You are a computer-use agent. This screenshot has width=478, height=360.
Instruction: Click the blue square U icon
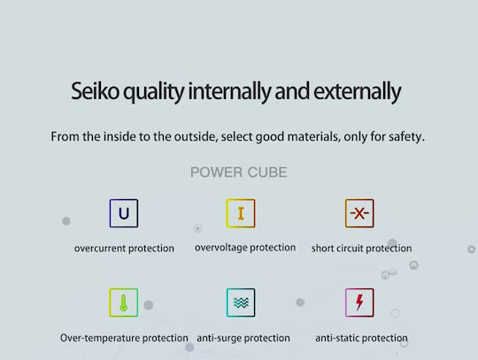[124, 213]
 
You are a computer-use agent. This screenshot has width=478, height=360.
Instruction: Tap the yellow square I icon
[241, 213]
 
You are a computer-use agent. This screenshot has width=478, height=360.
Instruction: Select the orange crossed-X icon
[359, 213]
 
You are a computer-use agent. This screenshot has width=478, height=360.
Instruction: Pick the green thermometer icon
[124, 303]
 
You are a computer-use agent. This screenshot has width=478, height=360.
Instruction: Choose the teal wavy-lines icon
[241, 303]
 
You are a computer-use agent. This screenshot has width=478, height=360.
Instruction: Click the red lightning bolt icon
[359, 303]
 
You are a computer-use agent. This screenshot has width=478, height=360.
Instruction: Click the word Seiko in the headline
[95, 91]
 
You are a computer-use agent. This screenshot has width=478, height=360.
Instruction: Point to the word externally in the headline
[358, 92]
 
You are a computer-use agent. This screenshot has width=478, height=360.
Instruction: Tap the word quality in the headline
[154, 92]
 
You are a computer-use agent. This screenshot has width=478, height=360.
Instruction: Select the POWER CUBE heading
[239, 172]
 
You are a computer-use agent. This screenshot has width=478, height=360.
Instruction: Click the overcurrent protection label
[124, 249]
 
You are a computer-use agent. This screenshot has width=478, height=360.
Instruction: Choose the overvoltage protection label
[245, 248]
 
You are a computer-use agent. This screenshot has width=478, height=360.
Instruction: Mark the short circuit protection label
[361, 249]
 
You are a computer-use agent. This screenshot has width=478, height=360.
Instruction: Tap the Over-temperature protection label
[124, 338]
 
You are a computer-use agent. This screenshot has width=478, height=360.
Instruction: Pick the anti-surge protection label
[243, 338]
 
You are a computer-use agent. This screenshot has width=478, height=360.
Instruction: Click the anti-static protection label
[361, 338]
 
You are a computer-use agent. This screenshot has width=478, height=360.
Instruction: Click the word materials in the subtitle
[313, 136]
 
